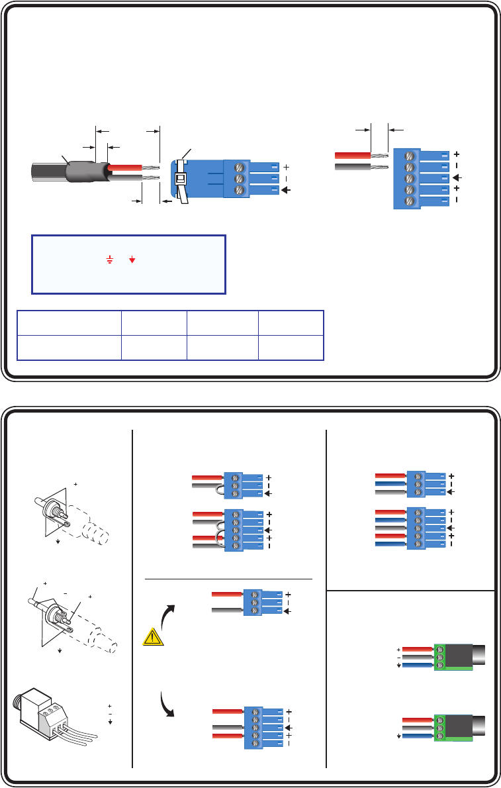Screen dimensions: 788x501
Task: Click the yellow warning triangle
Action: [x=153, y=637]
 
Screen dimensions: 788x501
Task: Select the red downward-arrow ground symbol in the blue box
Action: [x=132, y=261]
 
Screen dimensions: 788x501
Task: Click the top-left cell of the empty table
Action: [x=69, y=322]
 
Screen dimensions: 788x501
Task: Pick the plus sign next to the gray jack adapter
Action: [x=109, y=707]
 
